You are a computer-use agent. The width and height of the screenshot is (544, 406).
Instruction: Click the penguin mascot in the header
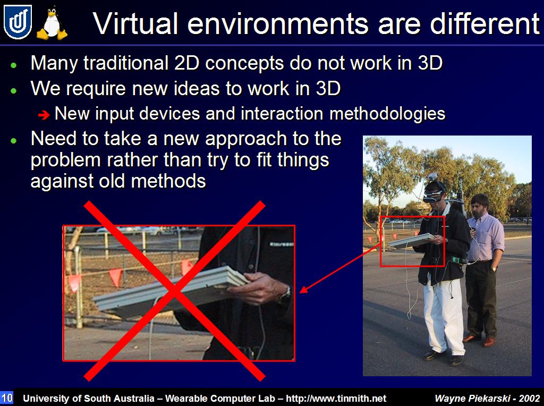52,23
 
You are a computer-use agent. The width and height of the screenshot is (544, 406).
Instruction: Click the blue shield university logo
18,22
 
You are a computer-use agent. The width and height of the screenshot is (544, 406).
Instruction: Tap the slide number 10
6,397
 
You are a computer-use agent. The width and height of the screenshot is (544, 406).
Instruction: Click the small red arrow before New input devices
44,115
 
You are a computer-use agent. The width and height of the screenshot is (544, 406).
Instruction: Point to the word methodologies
387,114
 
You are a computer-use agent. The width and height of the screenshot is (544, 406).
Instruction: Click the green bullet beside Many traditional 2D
13,65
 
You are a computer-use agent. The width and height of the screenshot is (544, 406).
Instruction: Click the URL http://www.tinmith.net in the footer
336,398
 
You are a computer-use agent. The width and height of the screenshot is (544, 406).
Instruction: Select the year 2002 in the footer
530,398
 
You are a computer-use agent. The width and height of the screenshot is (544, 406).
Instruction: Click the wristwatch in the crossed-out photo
285,295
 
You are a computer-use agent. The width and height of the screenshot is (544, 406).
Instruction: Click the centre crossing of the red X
174,291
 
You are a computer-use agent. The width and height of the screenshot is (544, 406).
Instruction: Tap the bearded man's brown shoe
489,342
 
